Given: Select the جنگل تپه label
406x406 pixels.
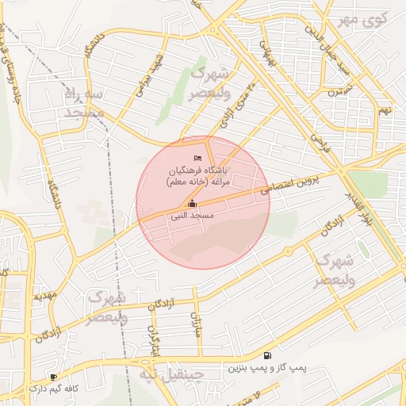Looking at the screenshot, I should pyautogui.click(x=171, y=373).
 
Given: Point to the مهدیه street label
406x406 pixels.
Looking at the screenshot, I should pyautogui.click(x=44, y=296).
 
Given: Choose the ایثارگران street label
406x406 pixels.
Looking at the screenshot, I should pyautogui.click(x=155, y=342).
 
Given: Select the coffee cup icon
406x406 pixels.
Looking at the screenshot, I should pyautogui.click(x=53, y=377).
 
